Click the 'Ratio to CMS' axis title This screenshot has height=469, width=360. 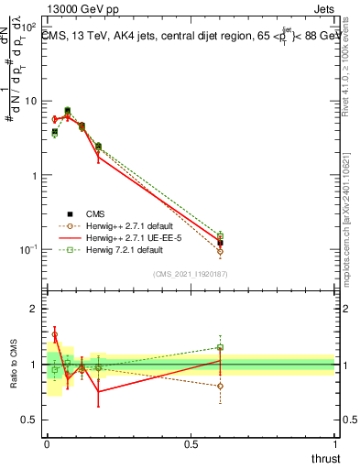pos(13,364)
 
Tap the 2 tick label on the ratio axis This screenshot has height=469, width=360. pos(33,309)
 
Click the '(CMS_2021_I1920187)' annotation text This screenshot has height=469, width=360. pos(191,273)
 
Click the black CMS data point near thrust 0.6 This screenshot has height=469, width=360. pos(220,243)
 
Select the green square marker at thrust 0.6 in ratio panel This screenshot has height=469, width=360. pos(220,347)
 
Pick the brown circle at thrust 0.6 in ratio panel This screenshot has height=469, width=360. pos(220,386)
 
